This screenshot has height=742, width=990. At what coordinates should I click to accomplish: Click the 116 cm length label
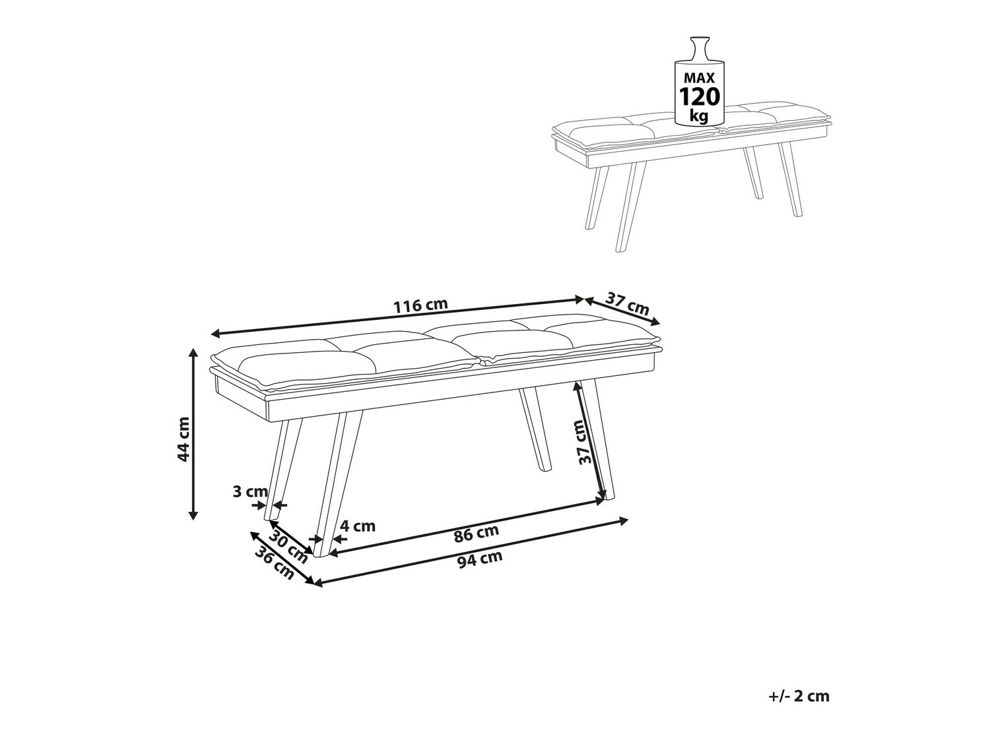tap(421, 305)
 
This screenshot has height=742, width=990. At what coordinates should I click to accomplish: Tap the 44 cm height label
tap(183, 439)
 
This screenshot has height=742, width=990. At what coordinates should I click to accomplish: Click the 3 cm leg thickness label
tap(250, 491)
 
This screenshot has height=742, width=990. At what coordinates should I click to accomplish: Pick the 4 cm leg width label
tap(358, 526)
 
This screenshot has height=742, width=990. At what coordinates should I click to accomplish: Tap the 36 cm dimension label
tap(275, 563)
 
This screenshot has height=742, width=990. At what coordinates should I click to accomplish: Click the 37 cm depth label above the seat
tap(627, 303)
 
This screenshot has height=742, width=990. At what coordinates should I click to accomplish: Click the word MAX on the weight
tap(700, 78)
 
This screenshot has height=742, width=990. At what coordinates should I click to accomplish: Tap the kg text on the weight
tap(700, 116)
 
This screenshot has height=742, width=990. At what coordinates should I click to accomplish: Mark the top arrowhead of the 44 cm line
tap(194, 354)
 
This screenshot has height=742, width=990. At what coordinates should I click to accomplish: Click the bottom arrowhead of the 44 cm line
tap(194, 515)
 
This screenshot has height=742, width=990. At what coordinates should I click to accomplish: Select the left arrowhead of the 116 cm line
tap(216, 334)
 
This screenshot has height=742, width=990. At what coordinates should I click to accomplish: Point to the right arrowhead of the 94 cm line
tap(623, 521)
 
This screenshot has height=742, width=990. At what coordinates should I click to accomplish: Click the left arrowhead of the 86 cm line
tap(333, 553)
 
